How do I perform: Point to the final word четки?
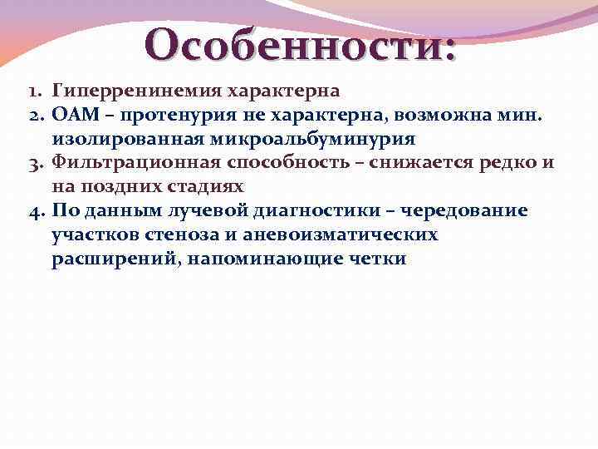378,259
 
